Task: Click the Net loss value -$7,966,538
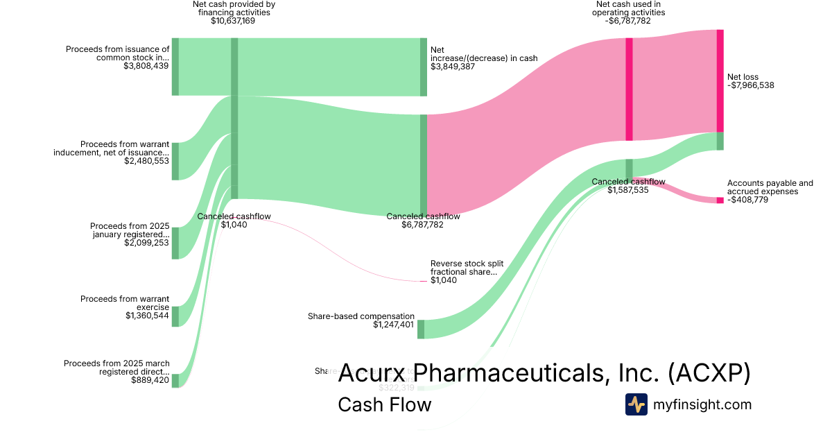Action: [x=750, y=85]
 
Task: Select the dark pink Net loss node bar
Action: [x=720, y=80]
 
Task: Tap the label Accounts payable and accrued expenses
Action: [x=760, y=187]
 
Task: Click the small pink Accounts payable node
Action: [x=720, y=200]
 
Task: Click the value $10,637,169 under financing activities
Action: [x=233, y=21]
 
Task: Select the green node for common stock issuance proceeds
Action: [x=175, y=67]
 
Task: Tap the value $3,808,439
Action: [x=146, y=67]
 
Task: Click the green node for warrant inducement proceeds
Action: [x=175, y=161]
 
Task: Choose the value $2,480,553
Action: [x=146, y=161]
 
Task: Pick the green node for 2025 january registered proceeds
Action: [x=175, y=243]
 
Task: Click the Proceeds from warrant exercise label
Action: [x=125, y=303]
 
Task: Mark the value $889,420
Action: [x=150, y=380]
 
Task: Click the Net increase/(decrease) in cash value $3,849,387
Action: [x=458, y=67]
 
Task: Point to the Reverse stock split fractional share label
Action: [x=467, y=268]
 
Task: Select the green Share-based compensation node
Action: [x=421, y=329]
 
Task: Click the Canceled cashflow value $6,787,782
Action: [x=423, y=225]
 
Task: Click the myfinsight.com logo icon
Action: [x=636, y=404]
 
